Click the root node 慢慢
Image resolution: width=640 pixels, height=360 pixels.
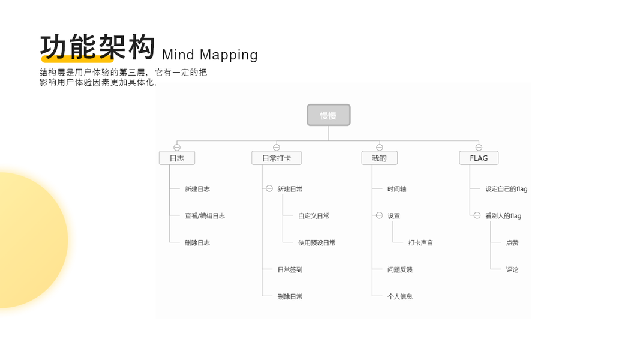tap(328, 115)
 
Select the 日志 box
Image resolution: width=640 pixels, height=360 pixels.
tap(176, 158)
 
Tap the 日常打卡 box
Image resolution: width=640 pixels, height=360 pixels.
tap(276, 158)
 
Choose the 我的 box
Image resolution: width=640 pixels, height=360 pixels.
tap(379, 158)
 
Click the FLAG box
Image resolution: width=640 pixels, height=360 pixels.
tap(479, 158)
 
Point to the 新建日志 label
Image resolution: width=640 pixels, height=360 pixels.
tap(197, 189)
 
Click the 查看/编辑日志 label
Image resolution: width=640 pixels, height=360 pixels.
tap(205, 216)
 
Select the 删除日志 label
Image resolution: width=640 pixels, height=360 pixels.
tap(197, 243)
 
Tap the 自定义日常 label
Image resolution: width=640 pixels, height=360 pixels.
tap(314, 216)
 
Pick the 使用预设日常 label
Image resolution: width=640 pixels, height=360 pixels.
tap(317, 243)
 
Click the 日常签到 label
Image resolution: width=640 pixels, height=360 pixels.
tap(290, 270)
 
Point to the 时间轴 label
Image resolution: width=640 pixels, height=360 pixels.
tap(396, 189)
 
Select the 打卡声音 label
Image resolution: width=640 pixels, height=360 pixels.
tap(420, 243)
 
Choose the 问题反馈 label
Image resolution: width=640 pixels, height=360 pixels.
tap(400, 270)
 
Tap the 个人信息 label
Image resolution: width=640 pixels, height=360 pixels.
tap(400, 296)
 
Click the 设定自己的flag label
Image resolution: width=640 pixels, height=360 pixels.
tap(506, 189)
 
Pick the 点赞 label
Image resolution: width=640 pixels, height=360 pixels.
tap(512, 243)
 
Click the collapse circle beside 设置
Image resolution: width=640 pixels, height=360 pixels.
tap(379, 215)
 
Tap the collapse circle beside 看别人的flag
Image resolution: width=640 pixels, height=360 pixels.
tap(477, 215)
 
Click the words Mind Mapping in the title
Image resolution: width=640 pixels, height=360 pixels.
tap(209, 55)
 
